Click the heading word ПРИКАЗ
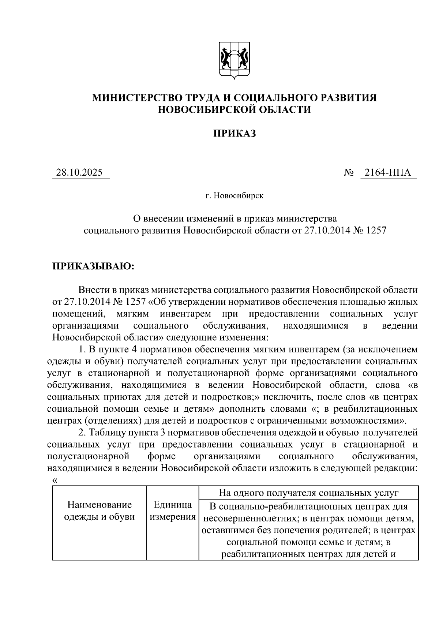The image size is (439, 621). tap(234, 133)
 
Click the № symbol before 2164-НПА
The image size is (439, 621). tap(348, 172)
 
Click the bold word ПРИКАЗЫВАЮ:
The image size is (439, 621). tap(94, 266)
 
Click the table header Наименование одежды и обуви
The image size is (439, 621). tap(99, 511)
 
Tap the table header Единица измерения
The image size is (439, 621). tap(173, 511)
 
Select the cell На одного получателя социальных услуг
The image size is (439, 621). tap(308, 493)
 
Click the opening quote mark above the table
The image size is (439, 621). tap(55, 481)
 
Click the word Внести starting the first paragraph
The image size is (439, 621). tap(94, 290)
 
